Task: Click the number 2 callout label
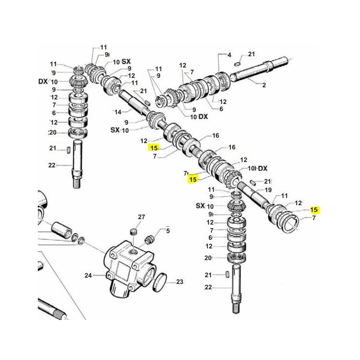coord(264,85)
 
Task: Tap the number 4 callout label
coord(229,55)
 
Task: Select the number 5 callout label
coord(168,231)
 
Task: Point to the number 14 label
coord(118,112)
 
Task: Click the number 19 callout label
coord(268,190)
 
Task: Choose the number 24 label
coord(88,275)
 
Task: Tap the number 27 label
coord(141,217)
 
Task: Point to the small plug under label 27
coord(133,232)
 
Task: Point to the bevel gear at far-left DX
coord(78,82)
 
